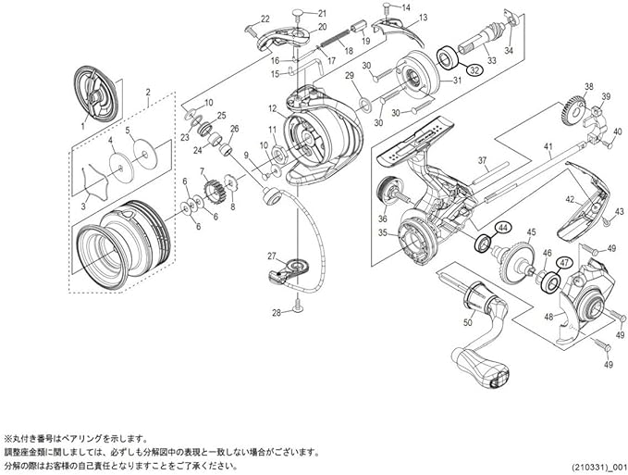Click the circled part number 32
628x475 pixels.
474,69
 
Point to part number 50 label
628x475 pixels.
468,323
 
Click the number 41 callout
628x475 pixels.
548,147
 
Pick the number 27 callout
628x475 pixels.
271,256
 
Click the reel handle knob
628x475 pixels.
492,375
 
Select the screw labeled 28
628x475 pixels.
296,304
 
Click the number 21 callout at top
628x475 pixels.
322,12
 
